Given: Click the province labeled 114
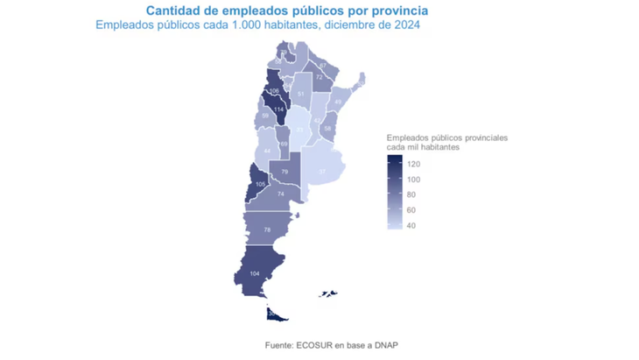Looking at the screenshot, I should click(x=279, y=109).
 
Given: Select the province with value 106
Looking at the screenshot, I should click(x=274, y=92).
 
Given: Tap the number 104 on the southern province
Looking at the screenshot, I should click(x=255, y=274).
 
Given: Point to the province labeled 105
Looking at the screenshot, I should click(x=260, y=185).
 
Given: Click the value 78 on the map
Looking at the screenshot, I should click(x=267, y=229).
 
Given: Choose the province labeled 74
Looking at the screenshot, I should click(x=281, y=194).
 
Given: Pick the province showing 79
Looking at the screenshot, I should click(x=284, y=172).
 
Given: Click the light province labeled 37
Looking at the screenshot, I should click(x=322, y=171).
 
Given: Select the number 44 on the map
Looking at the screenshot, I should click(x=267, y=151).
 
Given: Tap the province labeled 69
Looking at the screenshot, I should click(x=284, y=144).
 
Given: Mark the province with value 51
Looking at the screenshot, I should click(x=301, y=94).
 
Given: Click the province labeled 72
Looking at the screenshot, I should click(x=319, y=78).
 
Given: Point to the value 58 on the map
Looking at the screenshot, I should click(x=327, y=128).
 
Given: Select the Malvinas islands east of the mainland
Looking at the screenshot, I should click(x=329, y=293).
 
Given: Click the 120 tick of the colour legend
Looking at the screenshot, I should click(x=414, y=164).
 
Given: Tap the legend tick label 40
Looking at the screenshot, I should click(x=411, y=226).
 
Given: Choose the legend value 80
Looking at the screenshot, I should click(x=411, y=195).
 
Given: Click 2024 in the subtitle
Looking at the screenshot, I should click(x=404, y=25).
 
